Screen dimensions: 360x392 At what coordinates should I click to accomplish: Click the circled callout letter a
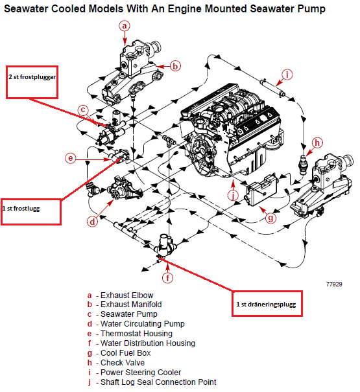pos(125,26)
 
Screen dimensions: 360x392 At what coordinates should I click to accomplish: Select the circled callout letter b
pos(175,66)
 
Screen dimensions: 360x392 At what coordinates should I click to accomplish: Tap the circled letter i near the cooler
pos(287,75)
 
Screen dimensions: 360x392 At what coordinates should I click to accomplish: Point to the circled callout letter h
pos(317,143)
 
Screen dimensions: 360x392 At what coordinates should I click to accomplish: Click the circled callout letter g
pos(270,218)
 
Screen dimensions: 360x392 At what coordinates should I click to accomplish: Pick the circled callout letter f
pos(168,278)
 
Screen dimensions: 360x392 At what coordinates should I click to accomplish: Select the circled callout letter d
pos(92,222)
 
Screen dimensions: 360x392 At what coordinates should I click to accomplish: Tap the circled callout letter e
pos(71,158)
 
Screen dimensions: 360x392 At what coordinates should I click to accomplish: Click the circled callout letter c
pos(83,110)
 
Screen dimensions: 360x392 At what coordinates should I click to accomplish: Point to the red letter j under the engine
pos(234,195)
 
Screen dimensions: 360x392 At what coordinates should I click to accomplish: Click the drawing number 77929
pos(334,284)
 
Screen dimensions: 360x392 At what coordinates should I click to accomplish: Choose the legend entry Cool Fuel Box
pos(119,353)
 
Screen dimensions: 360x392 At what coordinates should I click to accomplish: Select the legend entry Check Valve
pos(116,363)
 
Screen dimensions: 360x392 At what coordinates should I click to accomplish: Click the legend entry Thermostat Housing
pos(130,334)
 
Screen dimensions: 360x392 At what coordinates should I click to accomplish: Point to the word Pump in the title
pos(311,9)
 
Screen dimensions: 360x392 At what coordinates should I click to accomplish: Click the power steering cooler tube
pos(272,87)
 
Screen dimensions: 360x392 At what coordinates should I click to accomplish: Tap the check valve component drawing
pos(304,164)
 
